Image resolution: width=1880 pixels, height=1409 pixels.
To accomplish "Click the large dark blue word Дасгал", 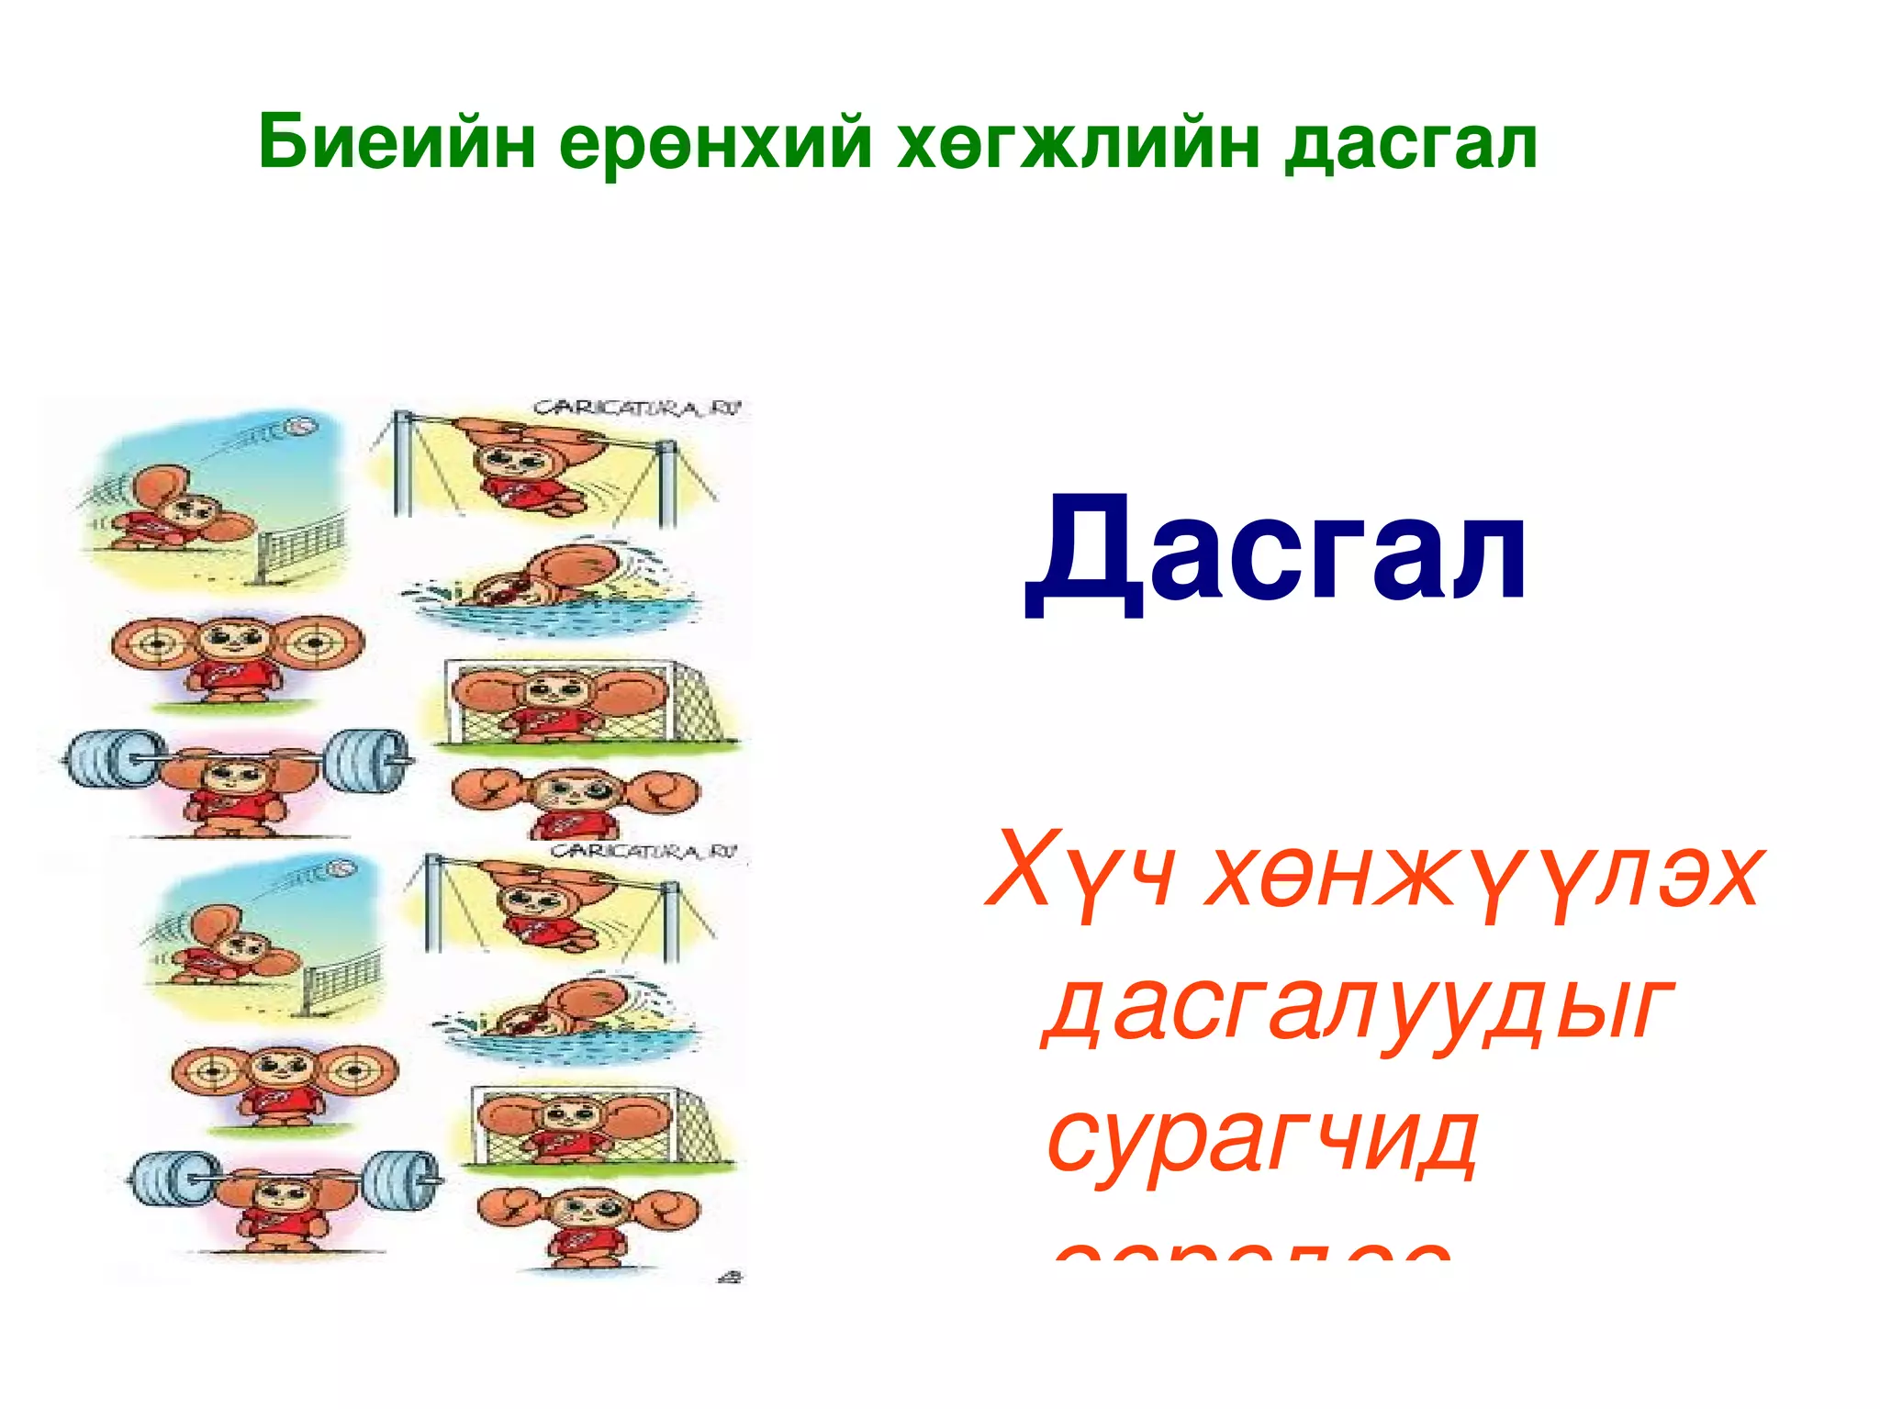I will (x=1275, y=551).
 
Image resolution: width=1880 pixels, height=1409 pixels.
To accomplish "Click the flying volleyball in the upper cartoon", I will (x=300, y=427).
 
